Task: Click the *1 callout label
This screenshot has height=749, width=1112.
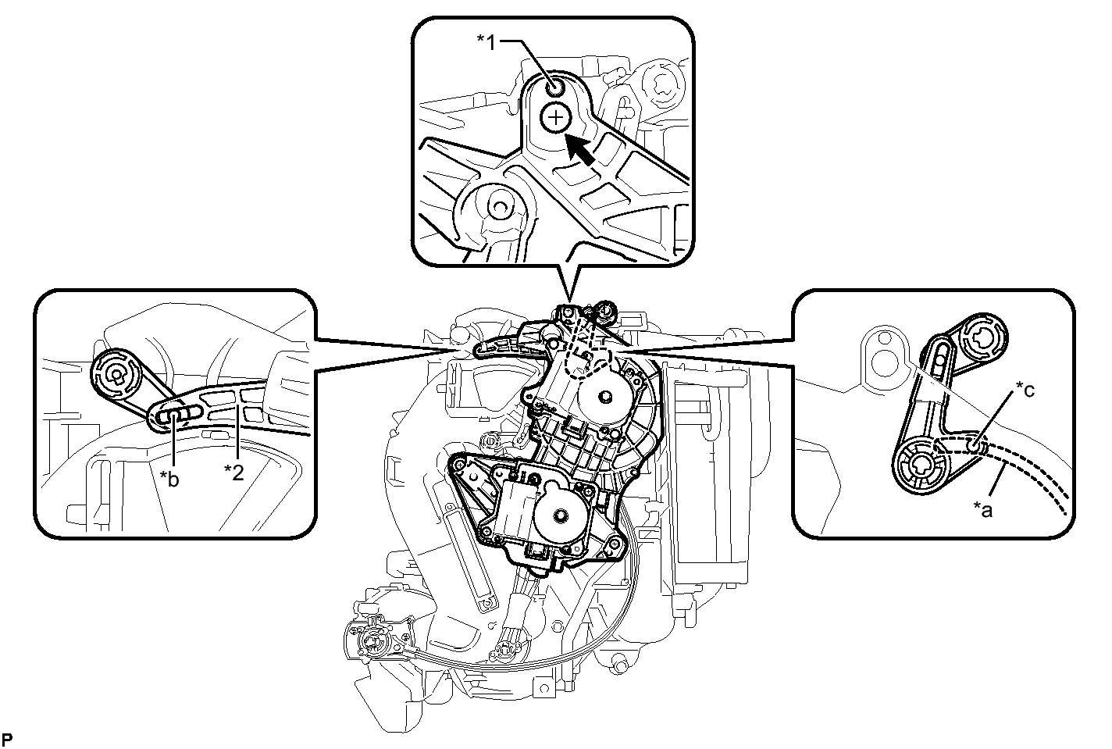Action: tap(486, 43)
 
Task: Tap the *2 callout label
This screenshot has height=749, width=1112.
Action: tap(233, 473)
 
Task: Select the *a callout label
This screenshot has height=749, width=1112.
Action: tap(983, 509)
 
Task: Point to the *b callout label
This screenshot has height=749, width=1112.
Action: tap(169, 480)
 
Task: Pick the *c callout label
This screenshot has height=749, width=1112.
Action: tap(1025, 391)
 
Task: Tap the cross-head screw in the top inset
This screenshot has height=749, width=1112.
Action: tap(556, 118)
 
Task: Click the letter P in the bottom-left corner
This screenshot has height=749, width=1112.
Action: tap(7, 739)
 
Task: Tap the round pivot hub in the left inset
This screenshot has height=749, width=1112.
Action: tap(116, 374)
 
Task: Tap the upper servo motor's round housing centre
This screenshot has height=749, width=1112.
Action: tap(604, 397)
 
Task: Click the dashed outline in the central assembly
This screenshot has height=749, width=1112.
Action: tap(586, 350)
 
